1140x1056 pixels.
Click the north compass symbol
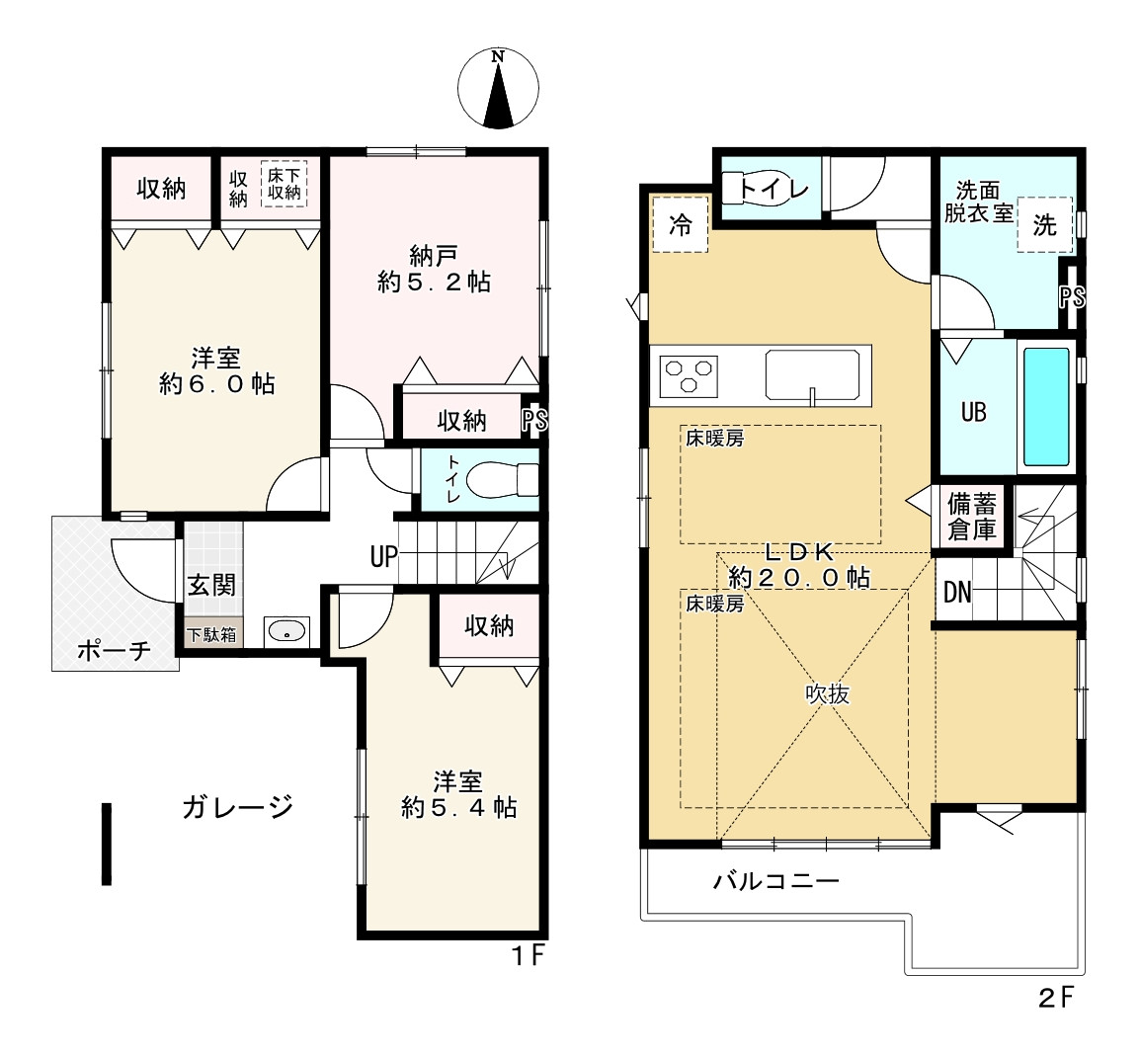point(498,89)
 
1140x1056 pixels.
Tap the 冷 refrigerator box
point(681,224)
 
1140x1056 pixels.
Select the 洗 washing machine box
point(1045,224)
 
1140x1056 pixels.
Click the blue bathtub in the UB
point(1046,406)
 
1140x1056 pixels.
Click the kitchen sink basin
point(812,375)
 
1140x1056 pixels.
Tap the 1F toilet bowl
point(502,480)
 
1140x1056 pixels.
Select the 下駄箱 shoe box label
point(211,634)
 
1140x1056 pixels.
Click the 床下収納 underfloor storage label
point(285,184)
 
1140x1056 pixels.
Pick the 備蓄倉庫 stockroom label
point(971,516)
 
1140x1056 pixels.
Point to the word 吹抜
point(828,694)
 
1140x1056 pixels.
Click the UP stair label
point(384,557)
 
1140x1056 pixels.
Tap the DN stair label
point(957,593)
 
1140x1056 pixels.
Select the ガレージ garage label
point(238,807)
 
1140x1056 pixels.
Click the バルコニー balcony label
point(775,881)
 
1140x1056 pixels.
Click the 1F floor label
point(529,955)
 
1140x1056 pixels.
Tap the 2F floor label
point(1056,997)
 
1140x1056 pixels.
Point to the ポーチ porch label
point(115,650)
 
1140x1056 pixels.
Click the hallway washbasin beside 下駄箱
point(287,631)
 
